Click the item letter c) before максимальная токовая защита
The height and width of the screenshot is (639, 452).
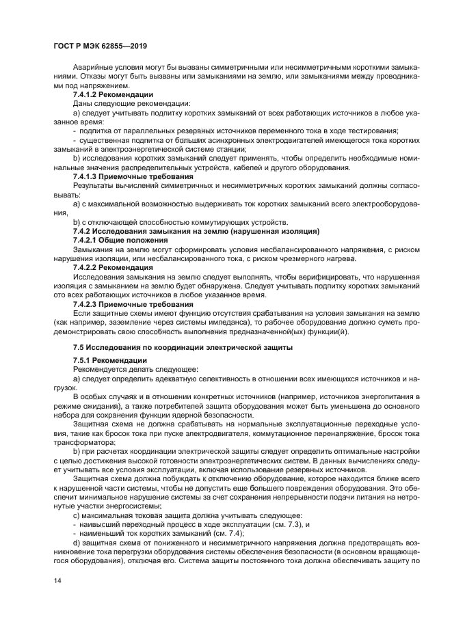click(76, 515)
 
